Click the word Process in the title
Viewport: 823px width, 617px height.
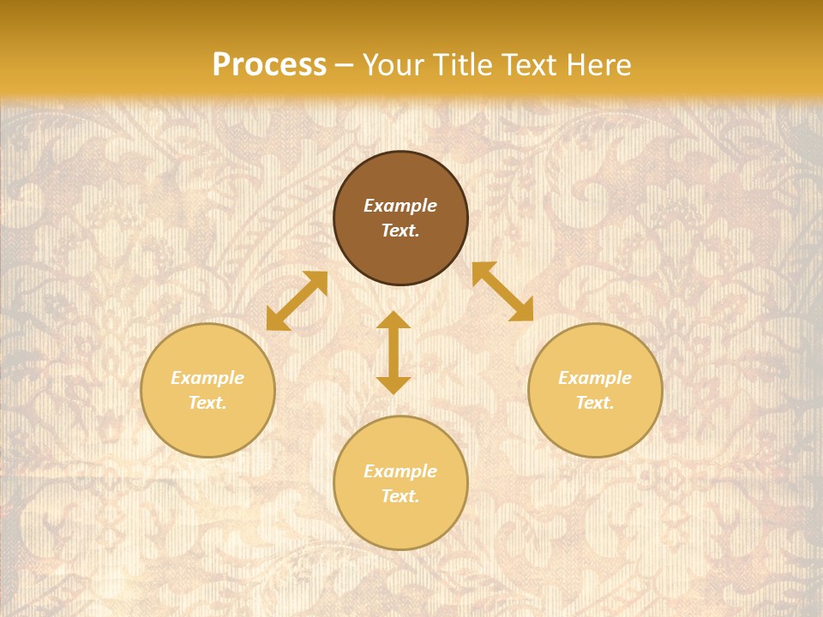pos(269,65)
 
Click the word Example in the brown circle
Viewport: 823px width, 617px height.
pos(400,206)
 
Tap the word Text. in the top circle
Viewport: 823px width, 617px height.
pos(400,231)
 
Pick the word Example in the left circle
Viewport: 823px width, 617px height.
pos(207,378)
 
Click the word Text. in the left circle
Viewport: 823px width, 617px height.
pos(207,403)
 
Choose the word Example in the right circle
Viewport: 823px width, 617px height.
pos(595,378)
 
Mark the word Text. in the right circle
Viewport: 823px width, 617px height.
pos(595,403)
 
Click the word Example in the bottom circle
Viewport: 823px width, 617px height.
pos(400,471)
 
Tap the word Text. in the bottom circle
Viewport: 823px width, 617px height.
pos(400,496)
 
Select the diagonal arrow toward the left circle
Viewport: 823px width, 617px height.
pos(297,301)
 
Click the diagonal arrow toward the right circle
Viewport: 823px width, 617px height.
pos(503,291)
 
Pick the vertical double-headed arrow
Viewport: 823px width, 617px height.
pos(393,352)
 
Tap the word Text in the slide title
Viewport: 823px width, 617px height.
pos(531,65)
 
